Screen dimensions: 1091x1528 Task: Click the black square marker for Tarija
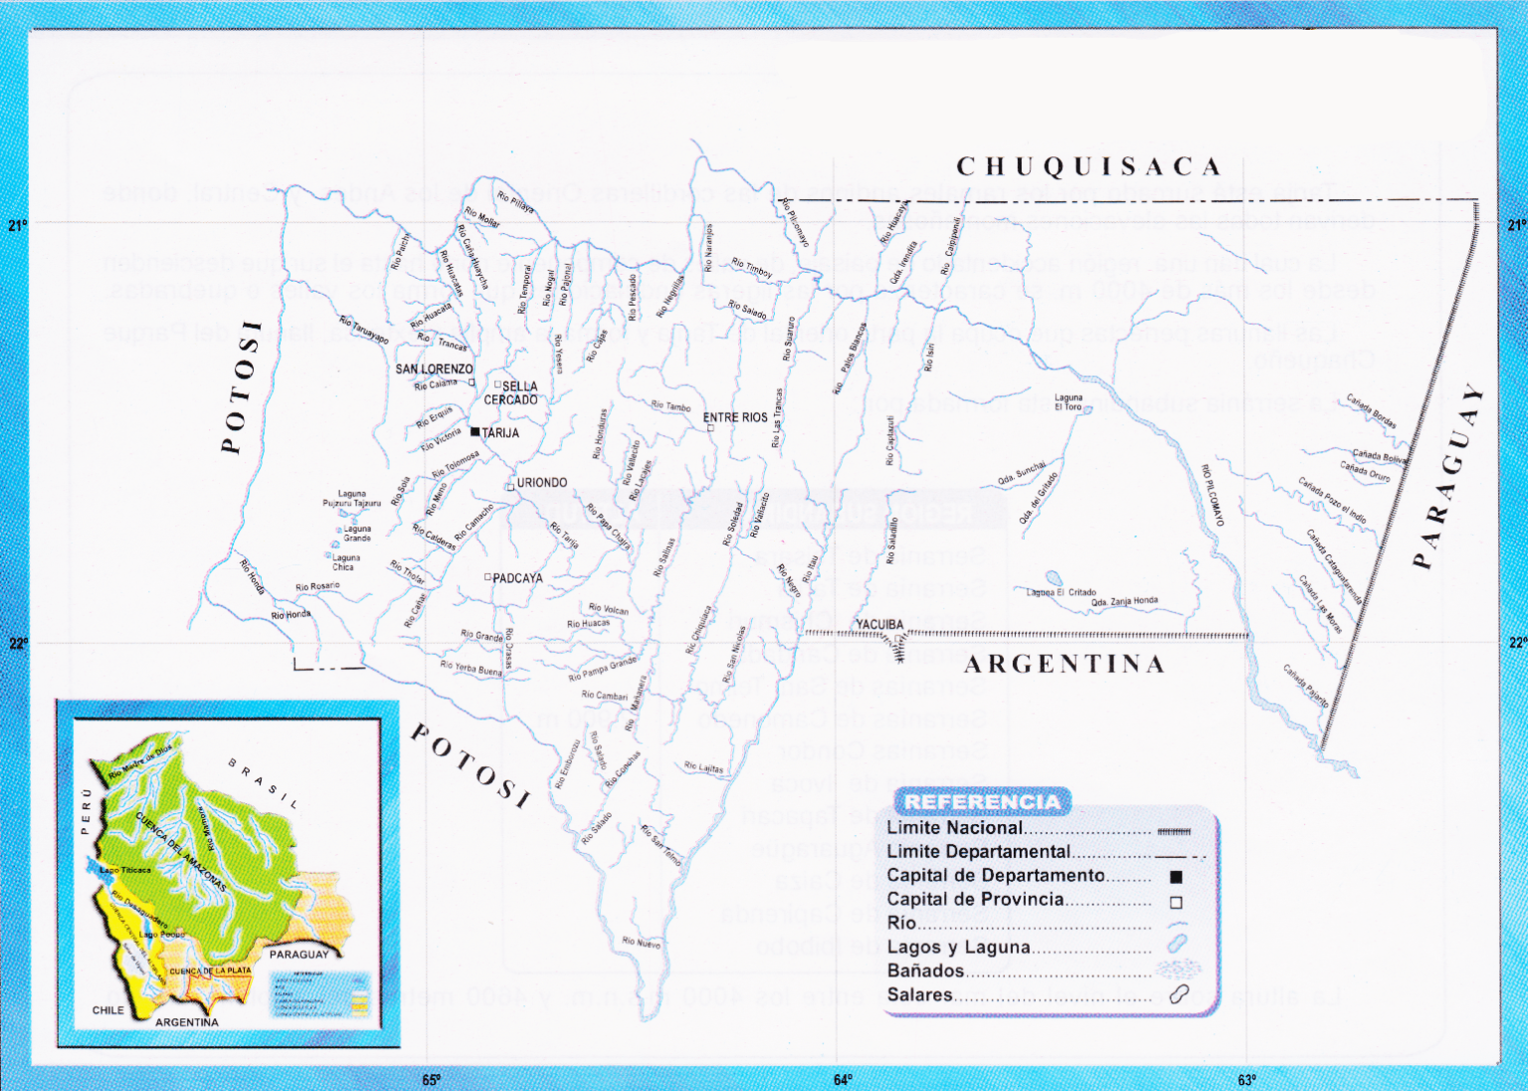point(476,432)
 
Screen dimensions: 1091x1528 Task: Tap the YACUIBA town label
point(879,625)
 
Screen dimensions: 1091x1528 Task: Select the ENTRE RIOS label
point(735,417)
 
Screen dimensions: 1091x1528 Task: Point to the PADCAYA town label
point(517,578)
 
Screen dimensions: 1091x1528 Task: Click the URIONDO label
point(541,483)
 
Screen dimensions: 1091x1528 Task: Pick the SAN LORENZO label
point(434,369)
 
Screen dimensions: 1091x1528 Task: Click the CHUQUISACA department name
point(1088,166)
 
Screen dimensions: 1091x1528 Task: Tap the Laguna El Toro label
point(1068,402)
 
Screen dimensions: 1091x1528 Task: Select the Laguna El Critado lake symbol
point(1052,578)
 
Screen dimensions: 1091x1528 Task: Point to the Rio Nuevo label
point(641,942)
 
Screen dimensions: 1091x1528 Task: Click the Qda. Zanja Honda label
point(1124,602)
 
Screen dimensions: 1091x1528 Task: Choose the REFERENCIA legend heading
point(982,801)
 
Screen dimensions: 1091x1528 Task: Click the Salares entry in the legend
point(919,994)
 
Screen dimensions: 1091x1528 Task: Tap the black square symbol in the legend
point(1176,877)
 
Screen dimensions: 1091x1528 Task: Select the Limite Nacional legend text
point(954,827)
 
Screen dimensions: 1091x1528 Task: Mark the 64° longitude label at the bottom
point(843,1080)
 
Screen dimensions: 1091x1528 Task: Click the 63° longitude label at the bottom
point(1246,1080)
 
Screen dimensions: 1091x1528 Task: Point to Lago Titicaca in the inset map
point(125,870)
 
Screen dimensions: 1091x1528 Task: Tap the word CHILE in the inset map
point(108,1009)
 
